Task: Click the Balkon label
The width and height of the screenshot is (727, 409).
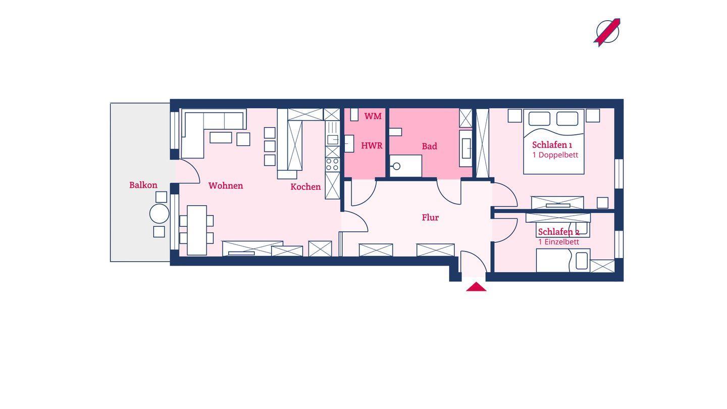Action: click(143, 185)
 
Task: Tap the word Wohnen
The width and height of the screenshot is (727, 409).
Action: click(226, 186)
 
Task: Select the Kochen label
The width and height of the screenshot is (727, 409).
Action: click(305, 187)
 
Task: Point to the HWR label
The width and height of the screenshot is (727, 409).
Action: click(372, 146)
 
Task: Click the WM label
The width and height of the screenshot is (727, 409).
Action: click(373, 116)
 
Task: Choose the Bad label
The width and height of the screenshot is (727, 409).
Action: click(429, 146)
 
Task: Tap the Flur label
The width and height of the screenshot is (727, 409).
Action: click(430, 218)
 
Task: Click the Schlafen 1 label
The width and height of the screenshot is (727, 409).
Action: click(552, 145)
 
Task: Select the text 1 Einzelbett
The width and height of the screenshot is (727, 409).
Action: click(558, 242)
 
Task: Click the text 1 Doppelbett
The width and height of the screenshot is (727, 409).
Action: click(555, 155)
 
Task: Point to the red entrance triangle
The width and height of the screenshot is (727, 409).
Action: click(476, 287)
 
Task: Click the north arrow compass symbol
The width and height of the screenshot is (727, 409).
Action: click(607, 32)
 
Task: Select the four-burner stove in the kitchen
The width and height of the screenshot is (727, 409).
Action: click(332, 165)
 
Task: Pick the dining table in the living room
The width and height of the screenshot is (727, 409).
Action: click(197, 230)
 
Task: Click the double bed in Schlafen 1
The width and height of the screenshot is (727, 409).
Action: click(554, 141)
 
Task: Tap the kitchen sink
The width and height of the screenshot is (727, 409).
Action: click(332, 140)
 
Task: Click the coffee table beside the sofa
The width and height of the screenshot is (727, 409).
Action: click(221, 137)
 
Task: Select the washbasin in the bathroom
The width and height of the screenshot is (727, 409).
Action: click(466, 148)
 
